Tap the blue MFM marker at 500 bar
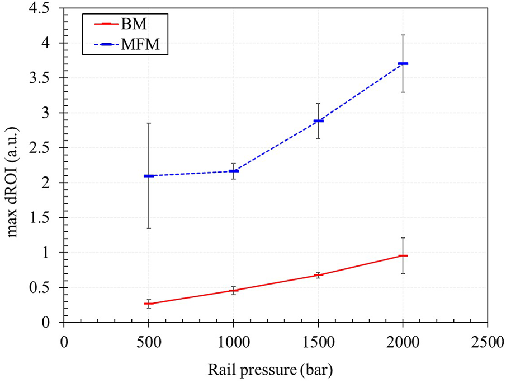coord(149,176)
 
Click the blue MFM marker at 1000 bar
coord(234,171)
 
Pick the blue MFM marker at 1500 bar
coord(318,121)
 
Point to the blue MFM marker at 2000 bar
coord(403,64)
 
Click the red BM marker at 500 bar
coord(149,304)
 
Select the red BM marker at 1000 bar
coord(234,290)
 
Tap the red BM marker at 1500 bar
coord(318,275)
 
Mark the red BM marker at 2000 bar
coord(403,255)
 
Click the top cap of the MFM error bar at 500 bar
coord(149,123)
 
